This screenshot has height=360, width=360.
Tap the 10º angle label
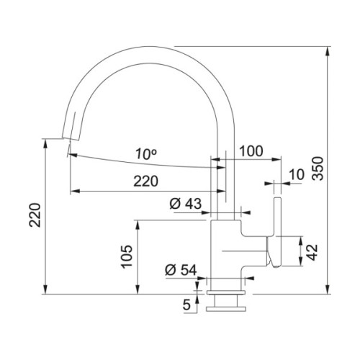tap(146, 153)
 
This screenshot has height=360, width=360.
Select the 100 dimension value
tap(251, 152)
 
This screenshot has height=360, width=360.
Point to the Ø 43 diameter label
tap(186, 204)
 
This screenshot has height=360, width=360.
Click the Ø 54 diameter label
tap(181, 270)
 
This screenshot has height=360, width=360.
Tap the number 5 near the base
tap(186, 305)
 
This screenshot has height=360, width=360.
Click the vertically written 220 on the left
tap(37, 215)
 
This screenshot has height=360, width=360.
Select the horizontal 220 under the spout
tap(146, 182)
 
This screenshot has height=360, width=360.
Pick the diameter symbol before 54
tap(171, 270)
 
